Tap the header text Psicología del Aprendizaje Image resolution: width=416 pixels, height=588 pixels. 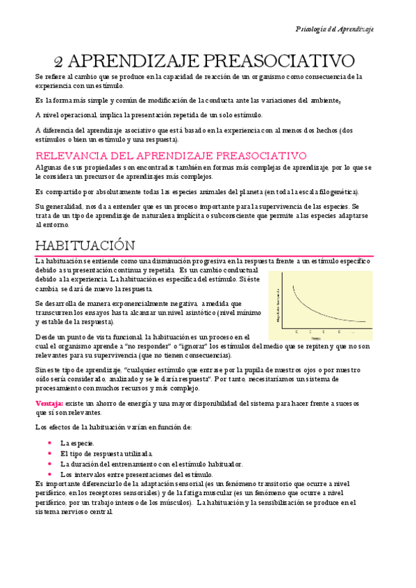coord(334,29)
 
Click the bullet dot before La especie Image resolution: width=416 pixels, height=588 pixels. coord(49,443)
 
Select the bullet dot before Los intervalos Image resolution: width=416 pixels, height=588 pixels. coord(49,475)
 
